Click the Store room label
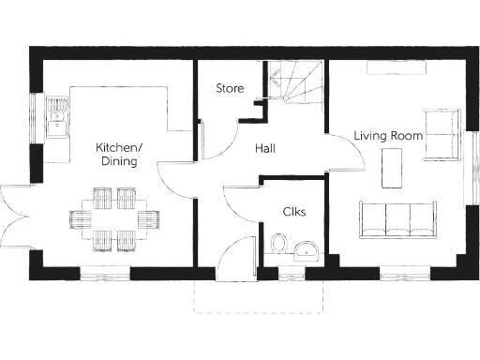click(x=230, y=89)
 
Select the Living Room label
click(x=388, y=136)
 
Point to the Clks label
click(x=293, y=212)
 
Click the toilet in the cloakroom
click(x=278, y=246)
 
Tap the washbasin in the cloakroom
click(x=306, y=249)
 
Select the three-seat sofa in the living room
click(x=397, y=218)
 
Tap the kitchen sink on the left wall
click(x=58, y=117)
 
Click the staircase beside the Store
click(x=294, y=83)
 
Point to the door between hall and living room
click(x=345, y=155)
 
